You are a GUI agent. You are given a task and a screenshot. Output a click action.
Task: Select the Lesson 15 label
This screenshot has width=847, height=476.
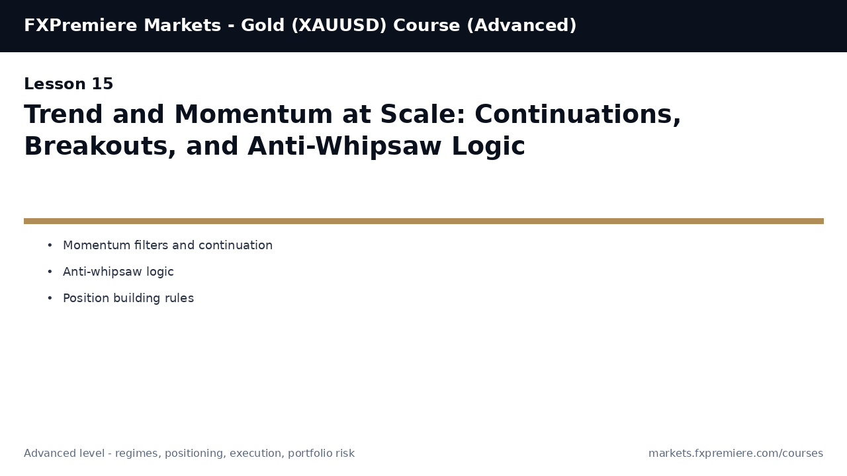[69, 85]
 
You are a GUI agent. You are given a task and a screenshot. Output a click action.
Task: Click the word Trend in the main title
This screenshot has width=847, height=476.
[64, 115]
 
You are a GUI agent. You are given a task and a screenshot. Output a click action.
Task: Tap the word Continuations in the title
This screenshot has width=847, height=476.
[577, 115]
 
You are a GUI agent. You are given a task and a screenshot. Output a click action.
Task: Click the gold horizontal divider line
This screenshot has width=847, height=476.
[423, 221]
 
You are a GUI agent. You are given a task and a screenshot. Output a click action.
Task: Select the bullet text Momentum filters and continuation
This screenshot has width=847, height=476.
[167, 245]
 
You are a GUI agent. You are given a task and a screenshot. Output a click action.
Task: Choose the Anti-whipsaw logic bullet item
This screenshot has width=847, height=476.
[118, 272]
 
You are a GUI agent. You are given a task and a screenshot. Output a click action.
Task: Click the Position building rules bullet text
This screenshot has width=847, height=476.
[128, 298]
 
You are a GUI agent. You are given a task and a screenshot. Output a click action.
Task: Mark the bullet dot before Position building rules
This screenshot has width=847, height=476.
[50, 298]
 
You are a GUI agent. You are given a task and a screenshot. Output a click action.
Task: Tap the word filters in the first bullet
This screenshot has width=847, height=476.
[150, 245]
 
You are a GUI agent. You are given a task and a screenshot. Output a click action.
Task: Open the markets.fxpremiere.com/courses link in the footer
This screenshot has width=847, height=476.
[735, 454]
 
